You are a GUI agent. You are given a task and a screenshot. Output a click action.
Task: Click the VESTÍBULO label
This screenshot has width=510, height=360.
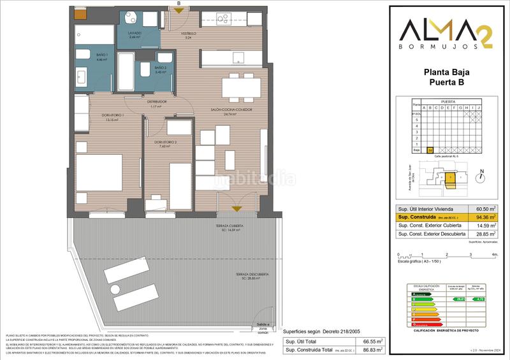187,33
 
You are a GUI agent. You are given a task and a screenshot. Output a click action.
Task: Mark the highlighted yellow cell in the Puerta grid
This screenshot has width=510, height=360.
430,150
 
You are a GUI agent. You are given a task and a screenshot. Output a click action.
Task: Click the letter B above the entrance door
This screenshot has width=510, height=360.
178,3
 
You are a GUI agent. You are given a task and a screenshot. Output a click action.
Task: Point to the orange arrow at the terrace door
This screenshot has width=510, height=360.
237,208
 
